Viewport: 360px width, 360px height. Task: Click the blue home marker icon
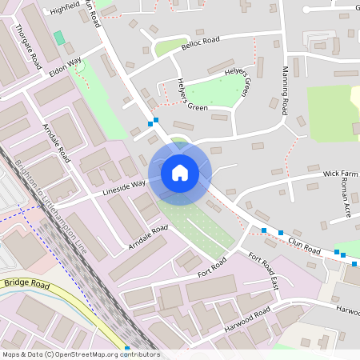coord(179,172)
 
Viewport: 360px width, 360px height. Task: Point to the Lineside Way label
coord(123,187)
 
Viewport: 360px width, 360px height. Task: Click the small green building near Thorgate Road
coord(59,38)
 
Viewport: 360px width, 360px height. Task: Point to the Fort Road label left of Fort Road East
coord(212,267)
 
